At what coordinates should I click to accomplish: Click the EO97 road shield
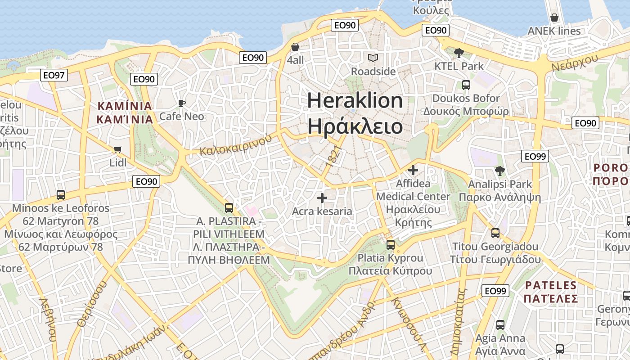tap(54, 75)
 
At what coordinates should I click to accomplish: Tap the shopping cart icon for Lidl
tap(118, 149)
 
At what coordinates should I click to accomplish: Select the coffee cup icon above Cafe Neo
tap(182, 103)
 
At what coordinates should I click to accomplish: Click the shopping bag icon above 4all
tap(295, 47)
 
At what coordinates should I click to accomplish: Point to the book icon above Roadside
tap(373, 58)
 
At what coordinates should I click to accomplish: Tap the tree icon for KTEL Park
tap(459, 53)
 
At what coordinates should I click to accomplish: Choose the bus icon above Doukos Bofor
tap(466, 85)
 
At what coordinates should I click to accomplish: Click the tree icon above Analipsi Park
tap(499, 171)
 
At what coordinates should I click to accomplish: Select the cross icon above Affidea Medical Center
tap(413, 170)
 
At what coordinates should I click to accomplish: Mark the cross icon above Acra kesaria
tap(322, 198)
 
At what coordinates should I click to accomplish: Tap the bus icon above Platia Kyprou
tap(391, 244)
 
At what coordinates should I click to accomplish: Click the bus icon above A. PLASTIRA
tap(229, 207)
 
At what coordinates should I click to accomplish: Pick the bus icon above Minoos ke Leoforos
tap(61, 195)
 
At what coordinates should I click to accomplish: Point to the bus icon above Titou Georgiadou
tap(495, 233)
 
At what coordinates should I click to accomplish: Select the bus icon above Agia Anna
tap(500, 324)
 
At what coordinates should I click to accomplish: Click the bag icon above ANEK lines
tap(554, 18)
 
